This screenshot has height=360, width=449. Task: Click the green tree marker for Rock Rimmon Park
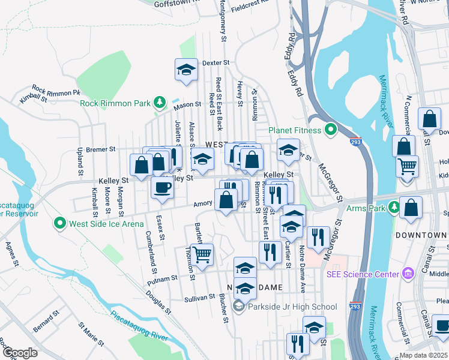point(160,103)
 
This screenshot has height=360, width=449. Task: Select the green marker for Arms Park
point(394,208)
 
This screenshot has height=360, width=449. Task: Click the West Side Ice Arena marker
point(60,224)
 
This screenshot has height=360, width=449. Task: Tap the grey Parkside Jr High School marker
point(239,307)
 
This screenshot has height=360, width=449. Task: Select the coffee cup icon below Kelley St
point(162,187)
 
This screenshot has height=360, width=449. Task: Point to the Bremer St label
point(100,149)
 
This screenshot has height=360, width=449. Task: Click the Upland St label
point(80,163)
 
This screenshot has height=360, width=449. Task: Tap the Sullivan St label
point(200,297)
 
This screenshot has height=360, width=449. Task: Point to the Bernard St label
point(46,321)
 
